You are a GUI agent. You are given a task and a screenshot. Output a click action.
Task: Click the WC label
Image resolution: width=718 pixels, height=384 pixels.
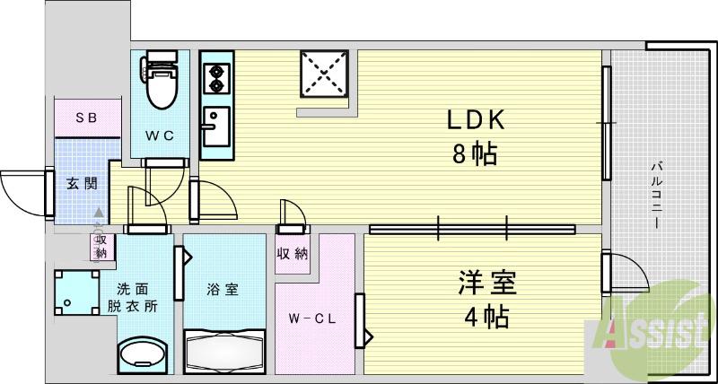pos(161,135)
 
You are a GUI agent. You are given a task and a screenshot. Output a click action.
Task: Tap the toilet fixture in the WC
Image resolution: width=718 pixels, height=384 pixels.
pos(162,82)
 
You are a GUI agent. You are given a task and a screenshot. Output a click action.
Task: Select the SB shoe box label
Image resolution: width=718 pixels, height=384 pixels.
pos(86,118)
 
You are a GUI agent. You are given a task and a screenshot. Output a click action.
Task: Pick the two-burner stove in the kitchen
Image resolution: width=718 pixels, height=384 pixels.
pos(216,78)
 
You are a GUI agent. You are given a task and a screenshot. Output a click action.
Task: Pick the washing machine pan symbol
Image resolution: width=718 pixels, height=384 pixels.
pos(76,292)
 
